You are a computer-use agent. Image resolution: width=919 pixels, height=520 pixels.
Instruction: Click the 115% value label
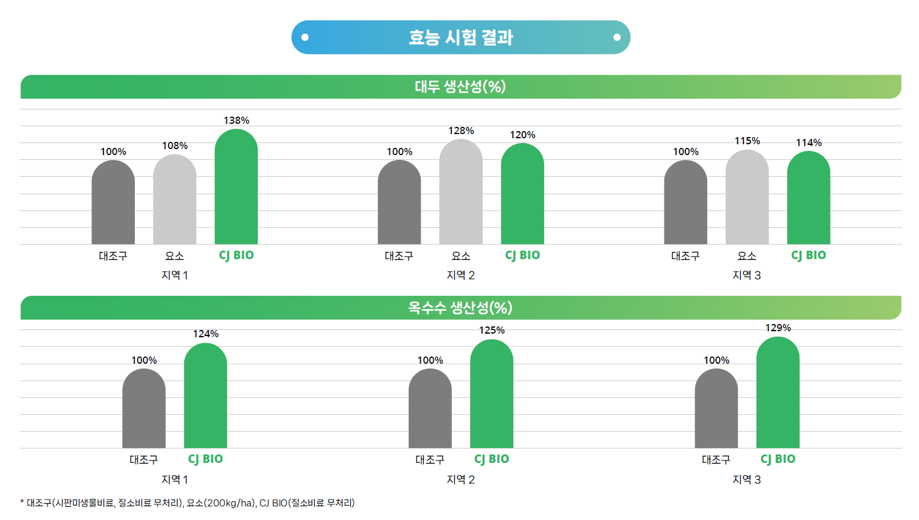(747, 141)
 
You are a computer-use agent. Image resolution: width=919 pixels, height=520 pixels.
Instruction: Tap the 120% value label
(522, 135)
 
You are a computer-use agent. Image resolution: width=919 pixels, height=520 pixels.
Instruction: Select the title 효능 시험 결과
(460, 37)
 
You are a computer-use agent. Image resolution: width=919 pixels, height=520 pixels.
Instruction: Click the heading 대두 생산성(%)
(460, 87)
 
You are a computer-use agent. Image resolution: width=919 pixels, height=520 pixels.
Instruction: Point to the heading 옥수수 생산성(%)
(460, 308)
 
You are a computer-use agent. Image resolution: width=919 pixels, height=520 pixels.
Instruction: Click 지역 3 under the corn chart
(746, 480)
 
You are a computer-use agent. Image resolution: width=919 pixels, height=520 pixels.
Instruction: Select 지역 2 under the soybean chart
(460, 275)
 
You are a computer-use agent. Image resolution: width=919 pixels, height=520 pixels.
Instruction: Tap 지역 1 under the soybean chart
(175, 275)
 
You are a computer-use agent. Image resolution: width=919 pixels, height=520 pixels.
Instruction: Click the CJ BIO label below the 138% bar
(236, 255)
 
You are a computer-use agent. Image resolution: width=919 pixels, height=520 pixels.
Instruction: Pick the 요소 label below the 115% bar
(747, 256)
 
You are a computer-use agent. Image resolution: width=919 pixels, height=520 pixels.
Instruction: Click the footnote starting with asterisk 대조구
(188, 503)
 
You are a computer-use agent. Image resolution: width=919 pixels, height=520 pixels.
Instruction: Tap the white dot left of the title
(305, 37)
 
